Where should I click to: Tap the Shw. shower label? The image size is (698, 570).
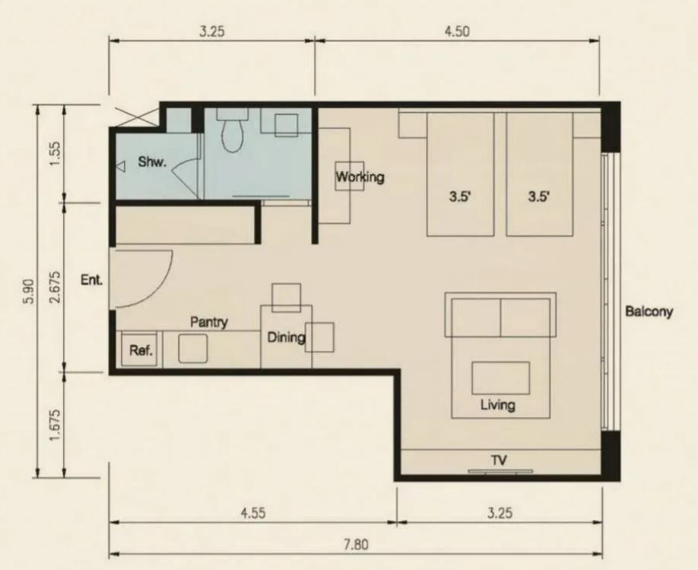click(x=152, y=162)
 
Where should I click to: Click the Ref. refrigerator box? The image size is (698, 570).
click(x=140, y=349)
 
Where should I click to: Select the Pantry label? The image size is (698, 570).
click(x=209, y=322)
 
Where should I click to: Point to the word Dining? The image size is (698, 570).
click(x=286, y=337)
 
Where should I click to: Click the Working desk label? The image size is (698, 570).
click(x=360, y=177)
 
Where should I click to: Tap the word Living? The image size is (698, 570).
click(x=498, y=405)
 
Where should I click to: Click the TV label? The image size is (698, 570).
click(x=499, y=460)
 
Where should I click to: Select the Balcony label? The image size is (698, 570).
click(x=649, y=311)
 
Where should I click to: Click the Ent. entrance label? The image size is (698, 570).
click(x=92, y=280)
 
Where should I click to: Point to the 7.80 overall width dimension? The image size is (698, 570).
click(x=356, y=545)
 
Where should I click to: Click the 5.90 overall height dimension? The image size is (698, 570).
click(x=29, y=291)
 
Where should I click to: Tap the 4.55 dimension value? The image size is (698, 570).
click(x=253, y=512)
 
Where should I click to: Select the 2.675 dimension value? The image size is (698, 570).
click(x=56, y=287)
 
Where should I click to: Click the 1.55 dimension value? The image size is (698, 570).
click(x=56, y=153)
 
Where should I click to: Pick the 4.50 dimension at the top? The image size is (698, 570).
click(x=457, y=31)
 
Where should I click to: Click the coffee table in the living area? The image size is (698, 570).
click(x=501, y=378)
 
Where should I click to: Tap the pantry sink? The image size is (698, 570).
click(x=193, y=349)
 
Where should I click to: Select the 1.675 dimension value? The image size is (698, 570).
click(x=56, y=425)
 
